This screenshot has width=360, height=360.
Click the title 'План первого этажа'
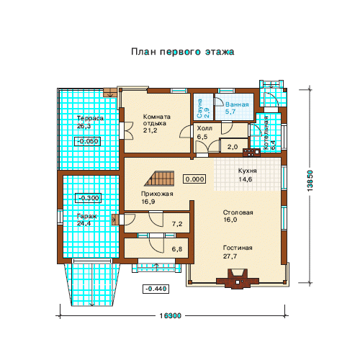click(182, 52)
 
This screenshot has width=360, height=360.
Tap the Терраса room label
click(90, 118)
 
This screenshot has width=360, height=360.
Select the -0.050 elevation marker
click(87, 141)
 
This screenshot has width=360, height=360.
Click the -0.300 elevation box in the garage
click(89, 198)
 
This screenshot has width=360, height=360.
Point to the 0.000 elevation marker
click(194, 179)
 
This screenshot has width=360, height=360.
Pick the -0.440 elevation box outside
click(156, 289)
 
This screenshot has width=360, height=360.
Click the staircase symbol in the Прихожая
click(159, 179)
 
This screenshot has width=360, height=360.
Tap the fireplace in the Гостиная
click(238, 279)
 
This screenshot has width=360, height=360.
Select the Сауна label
click(199, 108)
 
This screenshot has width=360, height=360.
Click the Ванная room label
click(237, 104)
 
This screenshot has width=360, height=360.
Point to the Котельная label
click(266, 132)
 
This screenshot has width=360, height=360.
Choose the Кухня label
click(248, 171)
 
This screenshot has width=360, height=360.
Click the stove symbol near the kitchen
click(252, 153)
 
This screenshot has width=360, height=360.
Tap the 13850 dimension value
click(310, 181)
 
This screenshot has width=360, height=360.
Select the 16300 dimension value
click(171, 316)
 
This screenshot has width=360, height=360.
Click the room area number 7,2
click(177, 224)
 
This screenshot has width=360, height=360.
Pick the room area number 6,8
click(177, 249)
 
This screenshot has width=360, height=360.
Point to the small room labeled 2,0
click(233, 147)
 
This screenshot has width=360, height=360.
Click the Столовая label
click(238, 212)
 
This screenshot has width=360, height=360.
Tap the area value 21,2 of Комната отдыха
click(150, 130)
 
